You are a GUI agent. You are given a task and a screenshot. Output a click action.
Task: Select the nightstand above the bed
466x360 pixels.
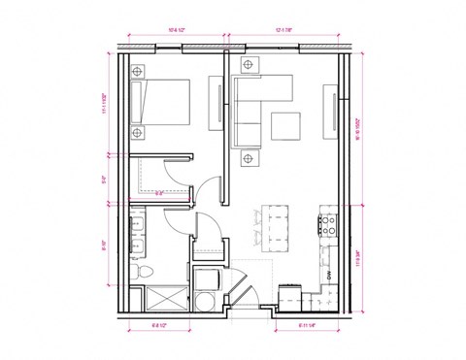(137, 71)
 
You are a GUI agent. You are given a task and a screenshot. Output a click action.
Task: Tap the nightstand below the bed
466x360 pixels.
(137, 132)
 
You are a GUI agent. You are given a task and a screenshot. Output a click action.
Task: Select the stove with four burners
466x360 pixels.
(328, 225)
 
